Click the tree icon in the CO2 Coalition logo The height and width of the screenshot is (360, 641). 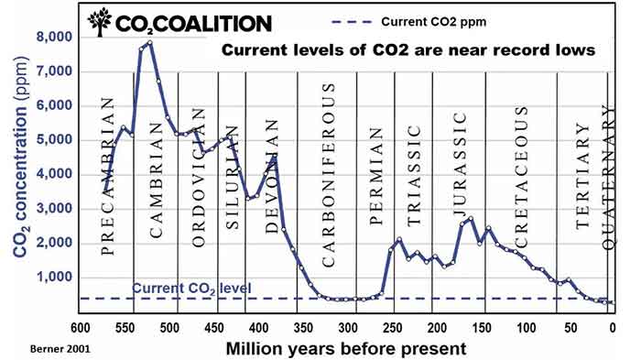click(101, 23)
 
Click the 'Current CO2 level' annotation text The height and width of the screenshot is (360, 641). click(191, 289)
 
